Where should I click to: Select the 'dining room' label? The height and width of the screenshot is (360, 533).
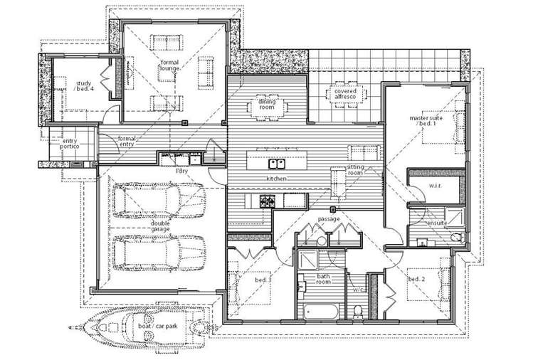tap(267, 106)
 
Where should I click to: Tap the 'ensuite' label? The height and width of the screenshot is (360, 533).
tap(436, 222)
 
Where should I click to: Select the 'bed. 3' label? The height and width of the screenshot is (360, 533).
tap(263, 281)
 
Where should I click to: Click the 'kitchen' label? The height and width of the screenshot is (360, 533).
tap(277, 178)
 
